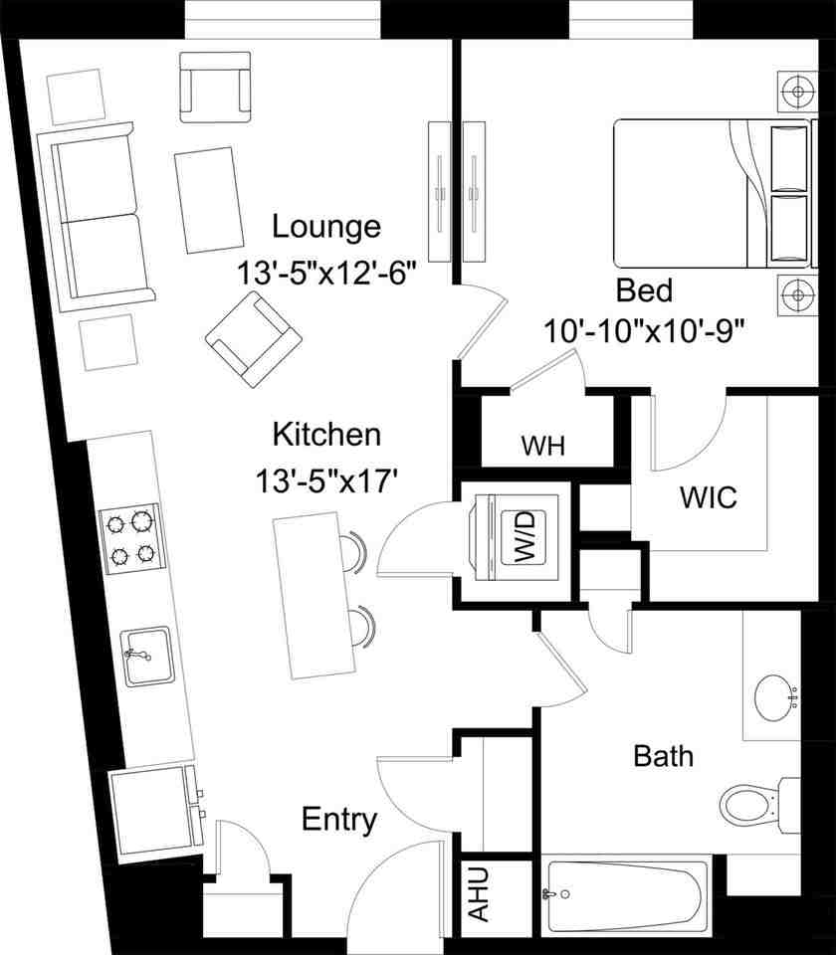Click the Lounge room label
[x=326, y=227]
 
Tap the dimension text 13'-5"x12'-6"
[x=325, y=274]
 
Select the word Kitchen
[x=326, y=435]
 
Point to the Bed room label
[x=644, y=290]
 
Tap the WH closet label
[x=542, y=446]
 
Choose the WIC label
[x=708, y=497]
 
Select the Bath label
[x=663, y=756]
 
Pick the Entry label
[x=339, y=821]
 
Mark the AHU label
[x=481, y=893]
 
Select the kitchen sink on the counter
[x=148, y=657]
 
